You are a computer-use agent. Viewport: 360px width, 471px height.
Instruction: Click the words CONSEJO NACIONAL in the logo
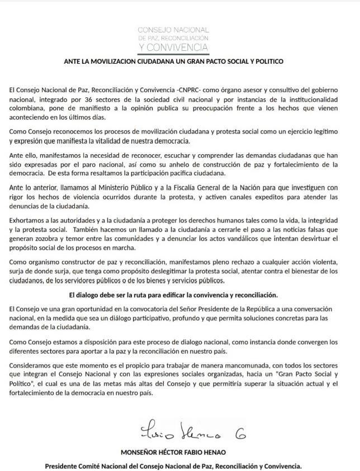(173, 28)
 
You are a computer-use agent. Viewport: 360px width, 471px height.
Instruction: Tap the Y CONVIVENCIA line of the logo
(173, 47)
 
